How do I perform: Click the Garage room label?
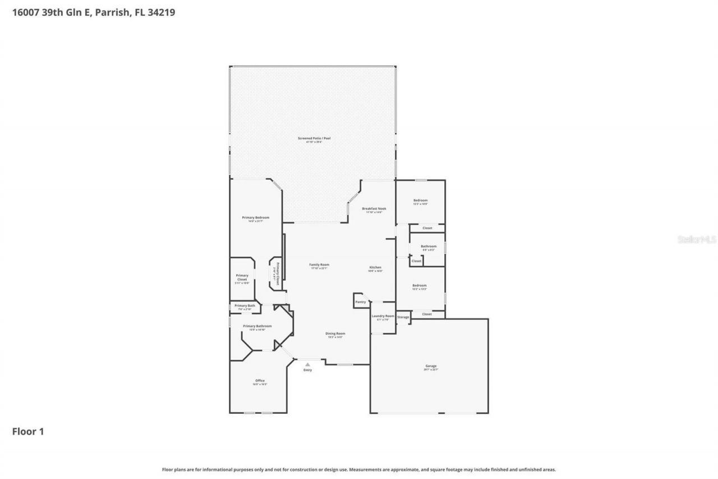coord(431,366)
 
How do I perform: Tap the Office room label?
coord(260,381)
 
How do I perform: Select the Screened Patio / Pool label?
coord(314,138)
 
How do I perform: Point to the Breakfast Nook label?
coord(374,208)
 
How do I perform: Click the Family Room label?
coord(319,264)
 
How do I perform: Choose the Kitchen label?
coord(375,267)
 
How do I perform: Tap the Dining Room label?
coord(335,334)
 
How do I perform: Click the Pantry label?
coord(361,302)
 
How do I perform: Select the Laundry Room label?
coord(383,316)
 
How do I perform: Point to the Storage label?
coord(403,317)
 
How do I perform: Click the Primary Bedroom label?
coord(256,217)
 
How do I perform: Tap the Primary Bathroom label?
coord(257,326)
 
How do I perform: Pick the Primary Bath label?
coord(245,305)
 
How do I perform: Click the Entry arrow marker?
coord(307,364)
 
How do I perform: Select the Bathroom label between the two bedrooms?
coord(429,246)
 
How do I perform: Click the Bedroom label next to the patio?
coord(421,200)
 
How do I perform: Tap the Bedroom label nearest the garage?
coord(420,285)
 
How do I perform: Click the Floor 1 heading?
coord(28,432)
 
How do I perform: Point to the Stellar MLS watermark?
coord(697,239)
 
